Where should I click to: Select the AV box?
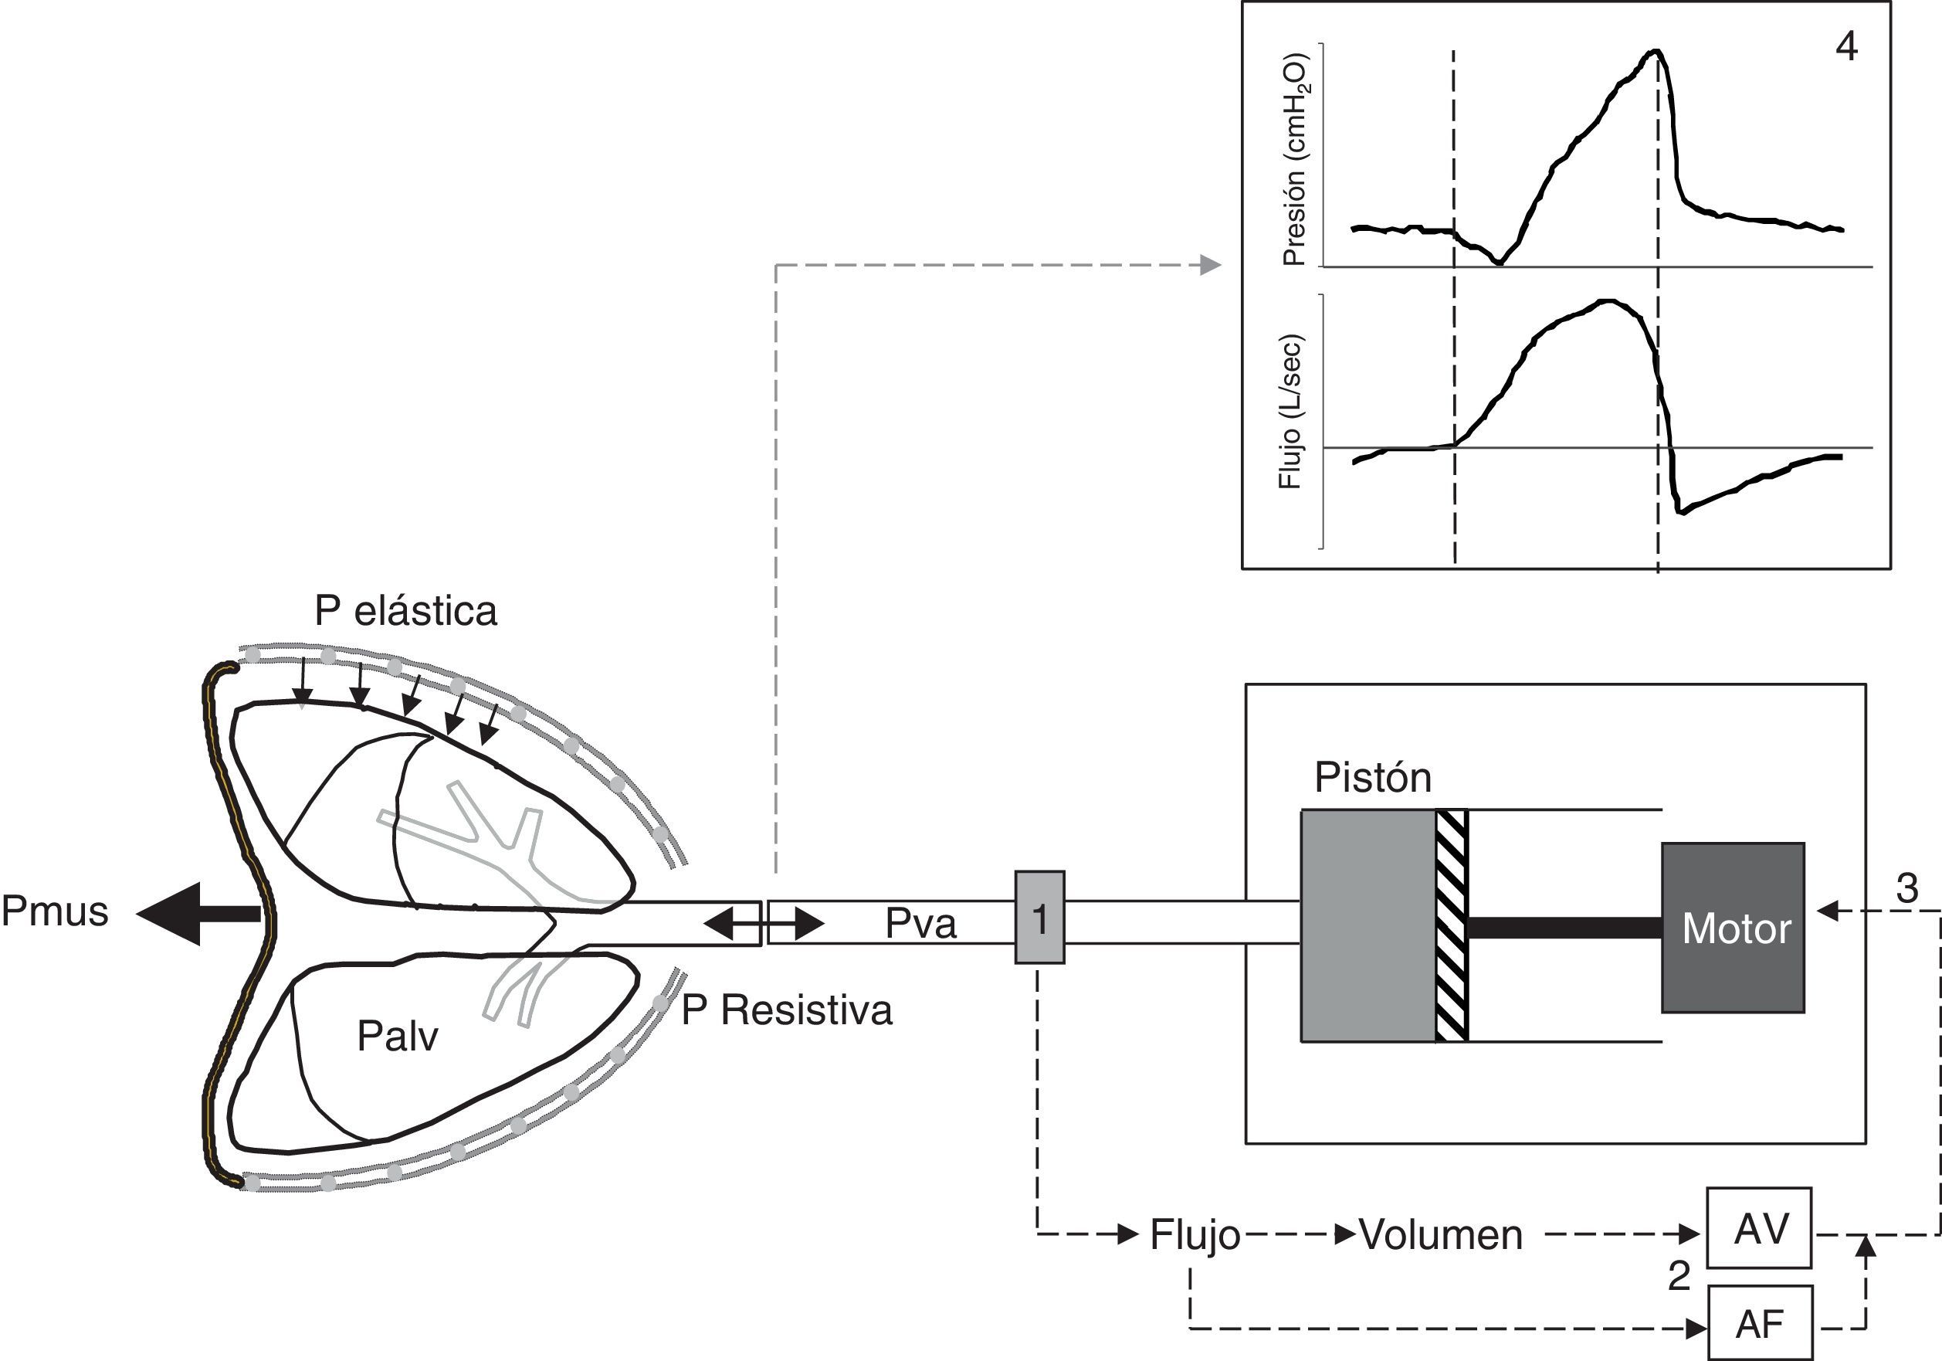(x=1759, y=1228)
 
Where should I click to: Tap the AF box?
(x=1759, y=1323)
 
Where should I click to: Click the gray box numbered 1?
(x=1039, y=917)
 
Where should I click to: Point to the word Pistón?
(x=1373, y=778)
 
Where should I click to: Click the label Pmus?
(x=55, y=912)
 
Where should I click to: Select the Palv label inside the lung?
(x=398, y=1036)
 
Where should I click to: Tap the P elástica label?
(x=406, y=611)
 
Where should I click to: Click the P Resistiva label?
(x=787, y=1010)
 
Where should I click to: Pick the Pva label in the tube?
(x=920, y=924)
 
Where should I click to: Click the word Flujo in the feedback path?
(x=1195, y=1236)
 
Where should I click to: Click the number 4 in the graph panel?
(x=1846, y=46)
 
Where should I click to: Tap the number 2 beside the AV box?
(x=1679, y=1275)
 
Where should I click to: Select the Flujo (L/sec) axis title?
(x=1290, y=411)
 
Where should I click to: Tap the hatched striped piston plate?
(x=1452, y=925)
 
